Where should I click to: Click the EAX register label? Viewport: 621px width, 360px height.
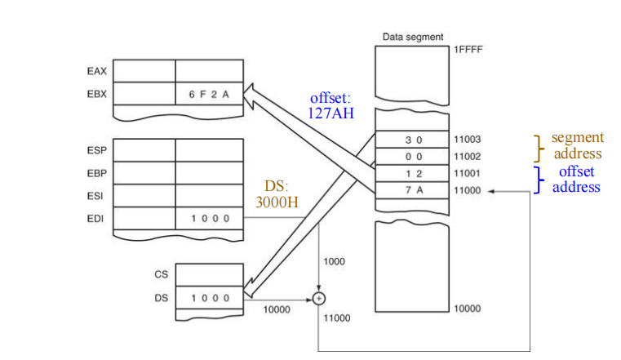96,71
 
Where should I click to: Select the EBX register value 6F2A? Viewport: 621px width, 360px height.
210,95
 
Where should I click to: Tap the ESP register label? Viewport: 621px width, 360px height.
96,151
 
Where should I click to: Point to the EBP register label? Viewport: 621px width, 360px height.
96,173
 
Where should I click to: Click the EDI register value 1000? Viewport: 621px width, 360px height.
210,219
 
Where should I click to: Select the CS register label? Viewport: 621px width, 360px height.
161,275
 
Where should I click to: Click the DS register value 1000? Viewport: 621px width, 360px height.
210,299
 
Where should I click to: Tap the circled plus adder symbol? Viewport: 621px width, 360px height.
319,298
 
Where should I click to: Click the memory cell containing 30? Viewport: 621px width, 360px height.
413,140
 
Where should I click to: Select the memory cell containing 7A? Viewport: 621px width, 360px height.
413,189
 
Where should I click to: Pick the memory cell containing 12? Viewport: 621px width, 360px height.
413,173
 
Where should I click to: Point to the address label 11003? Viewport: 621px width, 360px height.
468,140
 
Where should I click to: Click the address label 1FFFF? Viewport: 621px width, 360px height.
468,50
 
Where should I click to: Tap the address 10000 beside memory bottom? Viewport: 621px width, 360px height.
468,309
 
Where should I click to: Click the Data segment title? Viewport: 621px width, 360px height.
413,37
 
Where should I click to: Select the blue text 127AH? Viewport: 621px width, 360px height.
330,113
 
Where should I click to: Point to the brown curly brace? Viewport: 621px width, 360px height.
537,147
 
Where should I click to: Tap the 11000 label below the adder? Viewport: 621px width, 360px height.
337,318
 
